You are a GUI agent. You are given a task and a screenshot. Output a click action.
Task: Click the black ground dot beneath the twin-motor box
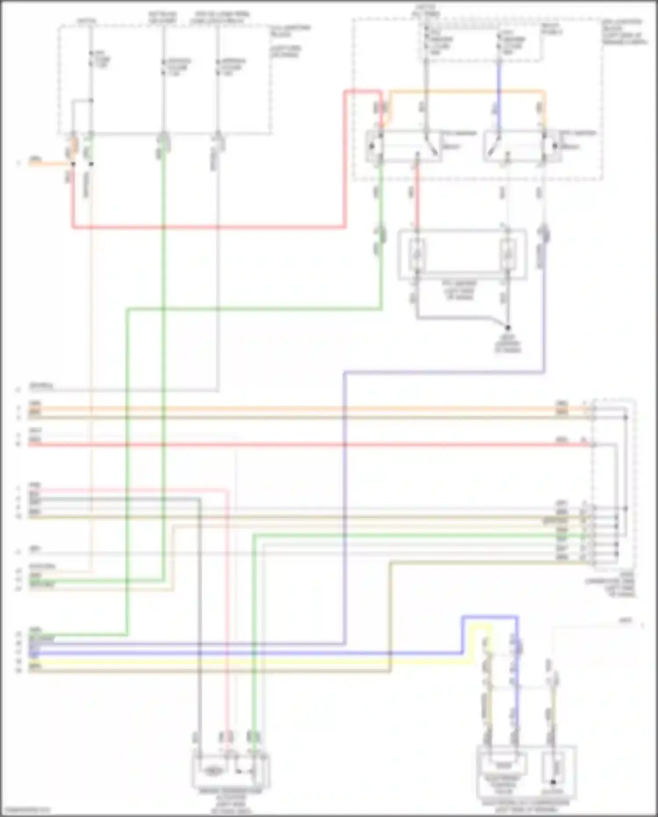(x=508, y=328)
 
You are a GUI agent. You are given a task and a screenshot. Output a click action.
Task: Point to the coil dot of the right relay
(x=555, y=146)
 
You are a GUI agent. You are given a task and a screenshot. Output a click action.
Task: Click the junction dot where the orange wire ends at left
(x=73, y=164)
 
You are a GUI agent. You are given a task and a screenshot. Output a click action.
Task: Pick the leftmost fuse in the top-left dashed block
(x=91, y=59)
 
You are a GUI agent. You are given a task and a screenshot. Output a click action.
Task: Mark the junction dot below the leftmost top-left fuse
(x=91, y=101)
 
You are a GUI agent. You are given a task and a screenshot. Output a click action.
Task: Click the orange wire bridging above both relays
(x=465, y=91)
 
